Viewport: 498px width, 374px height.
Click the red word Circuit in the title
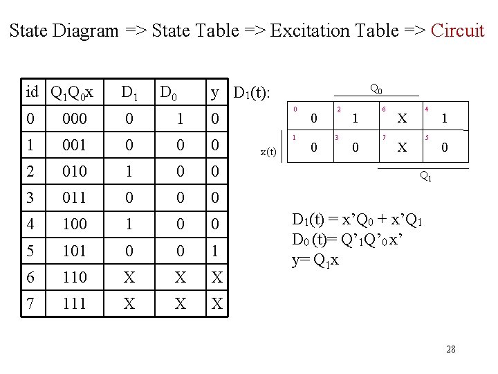coord(457,30)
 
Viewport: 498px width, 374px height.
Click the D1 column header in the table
coord(129,92)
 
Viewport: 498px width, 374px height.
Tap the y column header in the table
coord(215,92)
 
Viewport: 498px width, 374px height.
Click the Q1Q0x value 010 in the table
coord(74,171)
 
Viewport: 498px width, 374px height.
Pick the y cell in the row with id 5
coord(215,250)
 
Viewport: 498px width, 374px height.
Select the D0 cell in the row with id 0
coord(180,119)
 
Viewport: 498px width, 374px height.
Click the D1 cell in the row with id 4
coord(129,224)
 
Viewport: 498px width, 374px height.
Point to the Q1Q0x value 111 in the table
coord(74,303)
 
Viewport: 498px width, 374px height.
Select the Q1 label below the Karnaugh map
coord(427,177)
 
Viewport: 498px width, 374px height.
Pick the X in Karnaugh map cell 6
coord(400,119)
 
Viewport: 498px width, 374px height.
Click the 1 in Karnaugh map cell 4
coord(445,119)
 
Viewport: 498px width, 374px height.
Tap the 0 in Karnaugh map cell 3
coord(356,148)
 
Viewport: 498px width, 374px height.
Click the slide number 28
coord(451,349)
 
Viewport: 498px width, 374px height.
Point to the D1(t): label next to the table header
coord(252,92)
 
